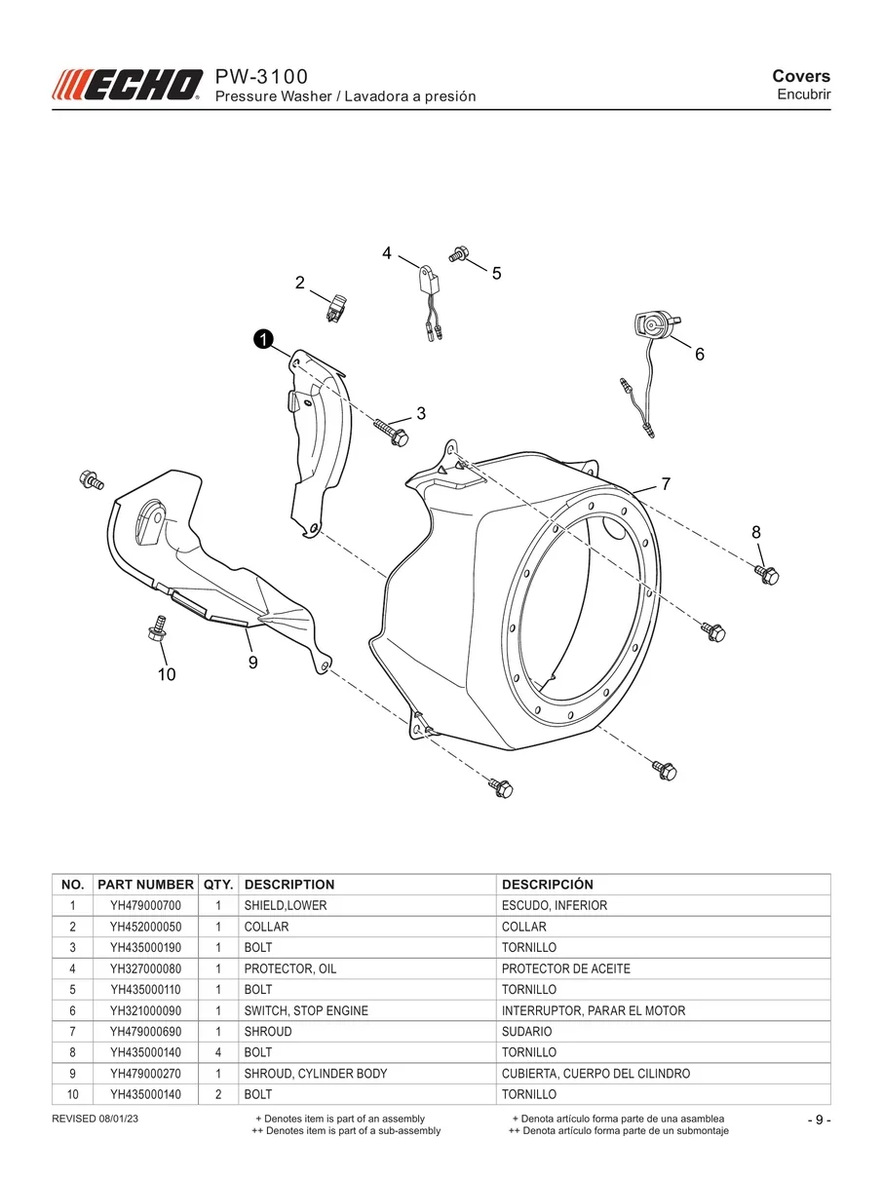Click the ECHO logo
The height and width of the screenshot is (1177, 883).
(x=127, y=85)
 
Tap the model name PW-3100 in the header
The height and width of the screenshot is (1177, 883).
(x=261, y=77)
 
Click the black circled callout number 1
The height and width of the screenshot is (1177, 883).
(x=263, y=339)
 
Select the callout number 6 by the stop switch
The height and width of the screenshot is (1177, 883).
(x=699, y=354)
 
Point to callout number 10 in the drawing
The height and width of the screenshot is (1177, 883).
(x=167, y=674)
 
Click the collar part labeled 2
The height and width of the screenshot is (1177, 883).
(x=336, y=307)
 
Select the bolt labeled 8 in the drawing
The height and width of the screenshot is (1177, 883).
(x=767, y=575)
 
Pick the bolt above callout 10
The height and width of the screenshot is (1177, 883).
(x=157, y=628)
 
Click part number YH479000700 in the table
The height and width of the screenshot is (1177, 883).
(x=146, y=906)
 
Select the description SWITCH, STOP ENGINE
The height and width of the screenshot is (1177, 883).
(x=306, y=1010)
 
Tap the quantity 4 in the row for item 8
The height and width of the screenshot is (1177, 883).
(x=218, y=1052)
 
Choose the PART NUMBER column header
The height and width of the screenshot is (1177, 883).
(x=145, y=885)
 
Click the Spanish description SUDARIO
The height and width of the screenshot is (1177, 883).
(x=526, y=1032)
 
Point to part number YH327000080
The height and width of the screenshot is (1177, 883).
(x=146, y=968)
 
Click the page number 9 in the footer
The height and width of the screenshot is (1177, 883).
(x=820, y=1120)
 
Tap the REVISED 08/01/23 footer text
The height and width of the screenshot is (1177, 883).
(x=95, y=1120)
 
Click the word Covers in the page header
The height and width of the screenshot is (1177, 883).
(x=801, y=76)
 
